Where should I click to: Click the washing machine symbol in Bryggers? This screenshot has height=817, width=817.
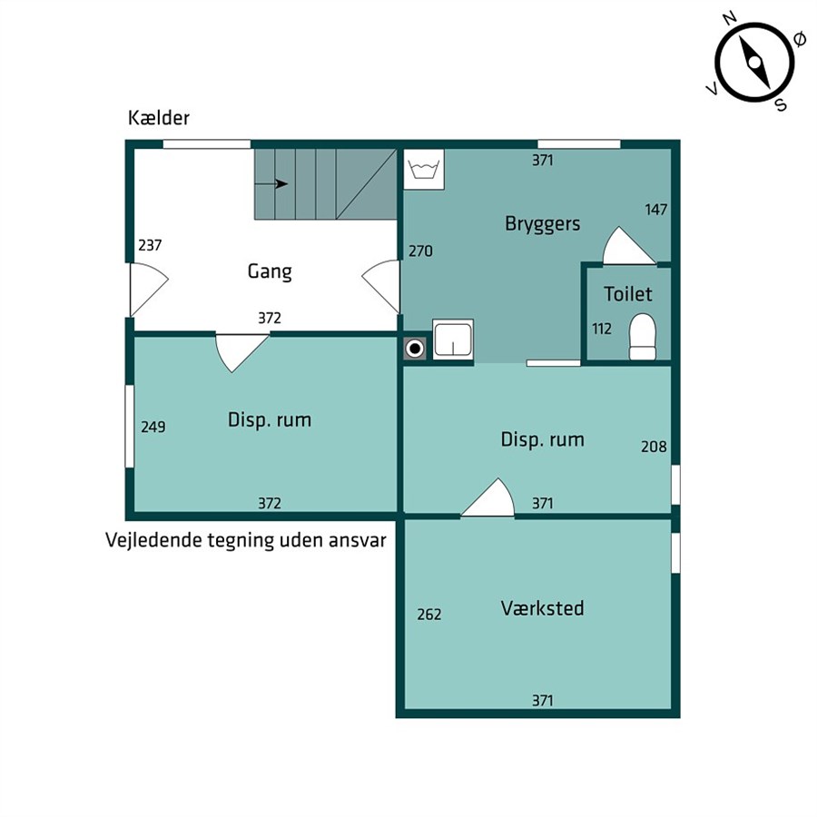tap(424, 170)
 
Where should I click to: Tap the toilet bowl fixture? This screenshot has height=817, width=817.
tap(642, 337)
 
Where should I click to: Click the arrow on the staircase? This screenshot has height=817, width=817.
tap(271, 184)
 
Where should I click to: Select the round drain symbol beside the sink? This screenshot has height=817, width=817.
tap(415, 348)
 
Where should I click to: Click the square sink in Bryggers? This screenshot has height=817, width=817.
tap(453, 340)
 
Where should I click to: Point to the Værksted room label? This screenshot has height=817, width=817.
tap(543, 608)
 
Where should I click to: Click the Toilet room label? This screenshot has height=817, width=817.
tap(628, 294)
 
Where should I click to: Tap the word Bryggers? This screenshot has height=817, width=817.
tap(543, 224)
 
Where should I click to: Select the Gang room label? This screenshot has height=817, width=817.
tap(270, 271)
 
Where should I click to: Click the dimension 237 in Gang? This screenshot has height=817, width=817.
tap(150, 245)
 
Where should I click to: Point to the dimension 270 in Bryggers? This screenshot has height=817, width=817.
tap(420, 251)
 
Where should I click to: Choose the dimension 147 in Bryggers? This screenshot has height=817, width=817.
tap(656, 210)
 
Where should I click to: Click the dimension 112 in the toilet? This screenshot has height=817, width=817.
tap(602, 329)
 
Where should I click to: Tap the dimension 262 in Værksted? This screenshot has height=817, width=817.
tap(429, 615)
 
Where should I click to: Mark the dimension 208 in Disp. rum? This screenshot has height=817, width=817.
tap(654, 447)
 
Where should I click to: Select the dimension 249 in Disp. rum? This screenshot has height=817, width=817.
tap(153, 427)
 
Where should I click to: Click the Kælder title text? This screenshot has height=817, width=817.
tap(158, 118)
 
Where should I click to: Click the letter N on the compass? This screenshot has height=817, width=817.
tap(730, 19)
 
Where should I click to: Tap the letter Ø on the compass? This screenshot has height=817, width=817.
tap(799, 39)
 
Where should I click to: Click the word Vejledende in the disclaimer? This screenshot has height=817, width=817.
tap(153, 540)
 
